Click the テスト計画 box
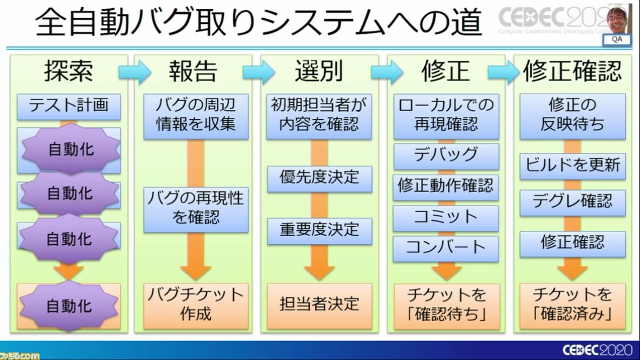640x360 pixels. (x=69, y=106)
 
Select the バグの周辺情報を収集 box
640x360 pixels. (x=196, y=116)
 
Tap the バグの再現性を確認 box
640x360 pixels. (x=196, y=209)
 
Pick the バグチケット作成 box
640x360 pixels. (x=196, y=305)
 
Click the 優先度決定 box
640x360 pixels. (x=319, y=178)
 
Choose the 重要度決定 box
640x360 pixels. (x=319, y=230)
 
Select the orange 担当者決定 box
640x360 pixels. (x=319, y=305)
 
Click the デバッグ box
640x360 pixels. (x=446, y=156)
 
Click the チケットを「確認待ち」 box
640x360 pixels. (x=446, y=305)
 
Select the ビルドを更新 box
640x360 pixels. (x=572, y=166)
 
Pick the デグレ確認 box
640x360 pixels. (x=572, y=202)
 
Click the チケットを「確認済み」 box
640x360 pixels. (x=572, y=305)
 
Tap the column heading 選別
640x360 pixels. (x=319, y=72)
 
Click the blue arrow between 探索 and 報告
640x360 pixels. (x=134, y=73)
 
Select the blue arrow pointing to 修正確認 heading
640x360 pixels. (x=503, y=73)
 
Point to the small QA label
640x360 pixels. (x=617, y=40)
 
